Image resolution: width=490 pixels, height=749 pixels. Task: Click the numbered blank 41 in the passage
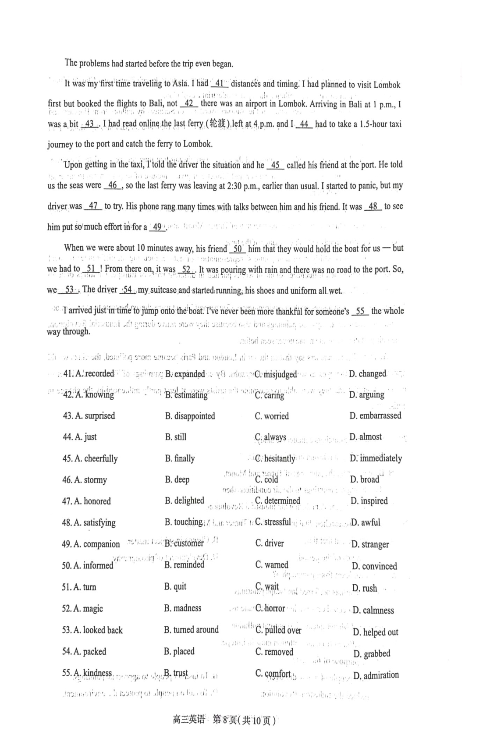[220, 83]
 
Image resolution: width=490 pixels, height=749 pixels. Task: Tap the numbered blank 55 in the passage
[360, 311]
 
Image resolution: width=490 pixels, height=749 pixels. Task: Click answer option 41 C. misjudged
[276, 374]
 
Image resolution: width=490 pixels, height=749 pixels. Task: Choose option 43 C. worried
[272, 416]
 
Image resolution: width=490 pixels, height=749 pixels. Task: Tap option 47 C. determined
[277, 501]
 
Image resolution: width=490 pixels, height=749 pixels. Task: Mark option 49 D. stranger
[370, 544]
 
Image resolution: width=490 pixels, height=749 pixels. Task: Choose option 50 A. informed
[87, 566]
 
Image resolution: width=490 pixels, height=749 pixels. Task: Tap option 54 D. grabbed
[372, 654]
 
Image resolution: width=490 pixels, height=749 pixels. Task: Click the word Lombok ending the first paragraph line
[387, 85]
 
